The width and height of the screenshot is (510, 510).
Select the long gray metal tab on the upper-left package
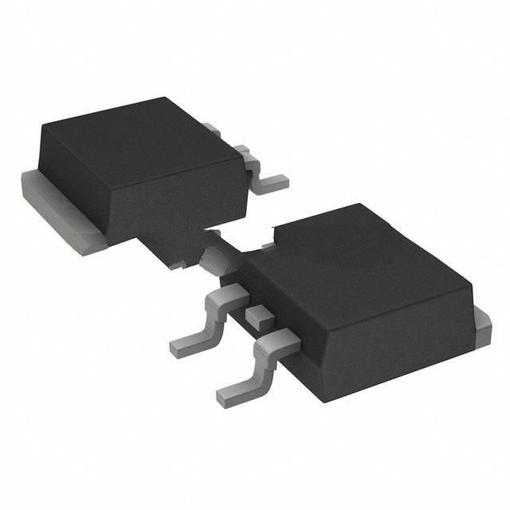coord(60,211)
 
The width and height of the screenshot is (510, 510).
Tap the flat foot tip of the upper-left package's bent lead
coord(275,183)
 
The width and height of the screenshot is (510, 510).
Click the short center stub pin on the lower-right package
coord(257,316)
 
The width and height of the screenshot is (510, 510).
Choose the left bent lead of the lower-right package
coord(203,319)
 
